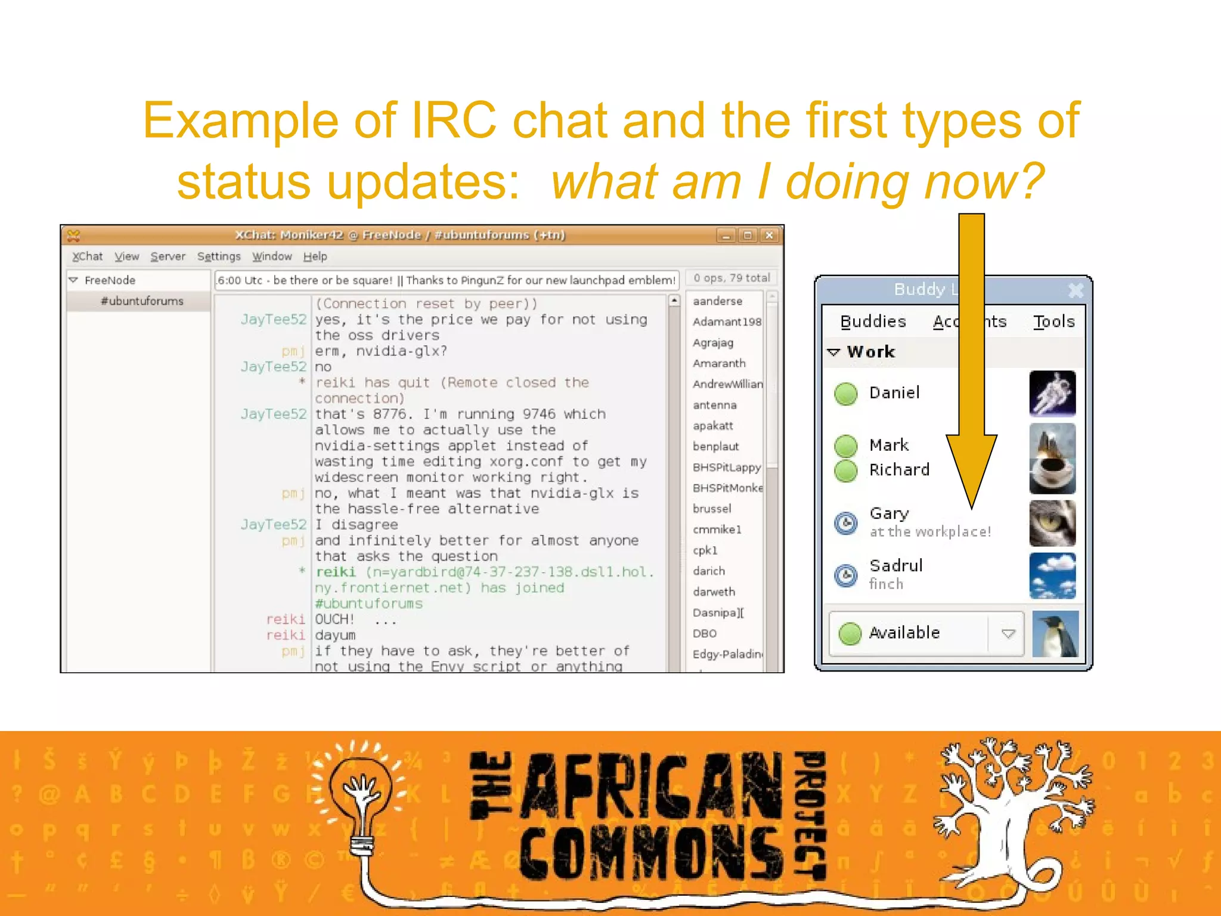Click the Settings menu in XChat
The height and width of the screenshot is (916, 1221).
click(x=219, y=256)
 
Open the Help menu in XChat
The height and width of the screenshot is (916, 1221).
click(x=315, y=256)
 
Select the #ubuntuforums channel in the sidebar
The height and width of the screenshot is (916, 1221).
click(x=142, y=301)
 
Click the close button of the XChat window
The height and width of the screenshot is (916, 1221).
click(x=769, y=236)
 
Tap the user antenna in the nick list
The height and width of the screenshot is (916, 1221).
click(x=714, y=405)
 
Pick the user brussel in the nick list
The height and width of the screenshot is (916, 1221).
click(x=712, y=509)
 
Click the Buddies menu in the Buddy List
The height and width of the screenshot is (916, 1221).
click(x=873, y=321)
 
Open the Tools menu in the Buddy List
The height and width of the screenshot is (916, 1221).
click(x=1053, y=321)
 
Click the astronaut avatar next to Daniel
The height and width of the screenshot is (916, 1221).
click(x=1052, y=394)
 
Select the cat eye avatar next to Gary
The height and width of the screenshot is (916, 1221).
click(x=1052, y=523)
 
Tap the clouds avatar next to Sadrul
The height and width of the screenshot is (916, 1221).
click(x=1052, y=575)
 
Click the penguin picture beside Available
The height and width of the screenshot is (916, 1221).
click(x=1055, y=633)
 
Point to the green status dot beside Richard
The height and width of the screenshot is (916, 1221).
click(x=845, y=471)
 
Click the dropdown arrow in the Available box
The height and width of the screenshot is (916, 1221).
click(x=1008, y=633)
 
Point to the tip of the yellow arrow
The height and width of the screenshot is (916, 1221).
click(x=972, y=507)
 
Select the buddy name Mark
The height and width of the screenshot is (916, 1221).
click(x=889, y=445)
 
